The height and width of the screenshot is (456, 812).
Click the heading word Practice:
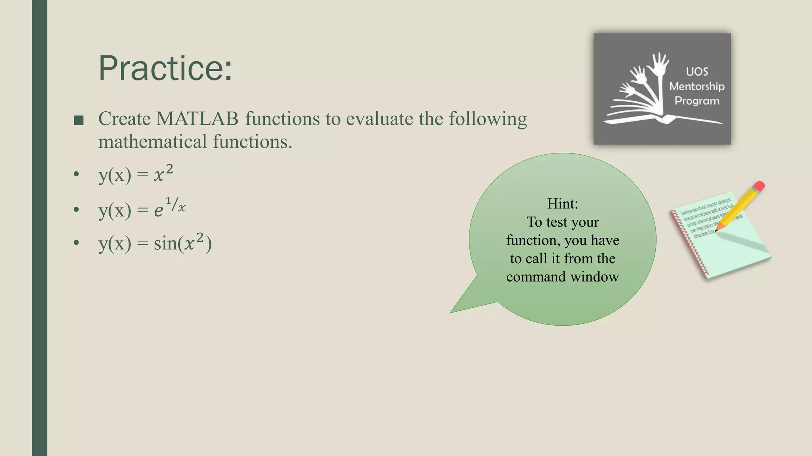tap(165, 68)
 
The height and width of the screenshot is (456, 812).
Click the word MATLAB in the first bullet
tap(197, 119)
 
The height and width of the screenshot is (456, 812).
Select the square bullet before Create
tap(79, 120)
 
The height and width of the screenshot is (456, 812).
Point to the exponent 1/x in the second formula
tap(175, 205)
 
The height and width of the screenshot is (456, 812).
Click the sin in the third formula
tap(165, 243)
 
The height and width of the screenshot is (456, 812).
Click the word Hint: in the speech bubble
tap(562, 203)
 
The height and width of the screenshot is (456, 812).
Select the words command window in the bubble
tap(562, 276)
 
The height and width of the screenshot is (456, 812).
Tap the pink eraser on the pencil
tap(760, 186)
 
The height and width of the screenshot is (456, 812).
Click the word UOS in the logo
tap(697, 72)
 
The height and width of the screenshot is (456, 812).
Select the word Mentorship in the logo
tap(697, 86)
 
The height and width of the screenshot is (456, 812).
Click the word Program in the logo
tap(697, 101)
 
